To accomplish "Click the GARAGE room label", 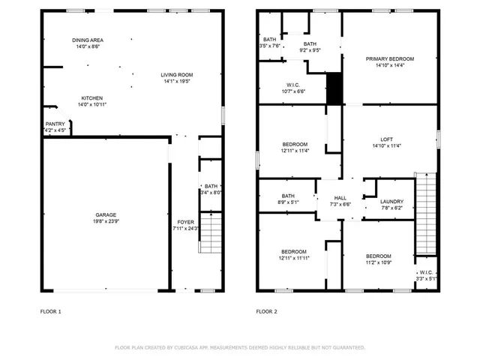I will (105, 214).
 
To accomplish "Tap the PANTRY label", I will (55, 124).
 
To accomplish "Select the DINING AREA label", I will (87, 40).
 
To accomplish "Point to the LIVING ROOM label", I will (177, 74).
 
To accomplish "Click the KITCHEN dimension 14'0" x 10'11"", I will (92, 106).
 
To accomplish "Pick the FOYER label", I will (184, 222).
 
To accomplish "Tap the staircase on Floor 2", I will (425, 214).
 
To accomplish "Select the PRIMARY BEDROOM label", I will (389, 58).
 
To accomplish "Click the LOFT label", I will (386, 139).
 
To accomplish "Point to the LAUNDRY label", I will (391, 201).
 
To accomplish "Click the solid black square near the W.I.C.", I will (335, 88).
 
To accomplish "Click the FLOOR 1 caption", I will (50, 310).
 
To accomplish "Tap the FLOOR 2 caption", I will (267, 310).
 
